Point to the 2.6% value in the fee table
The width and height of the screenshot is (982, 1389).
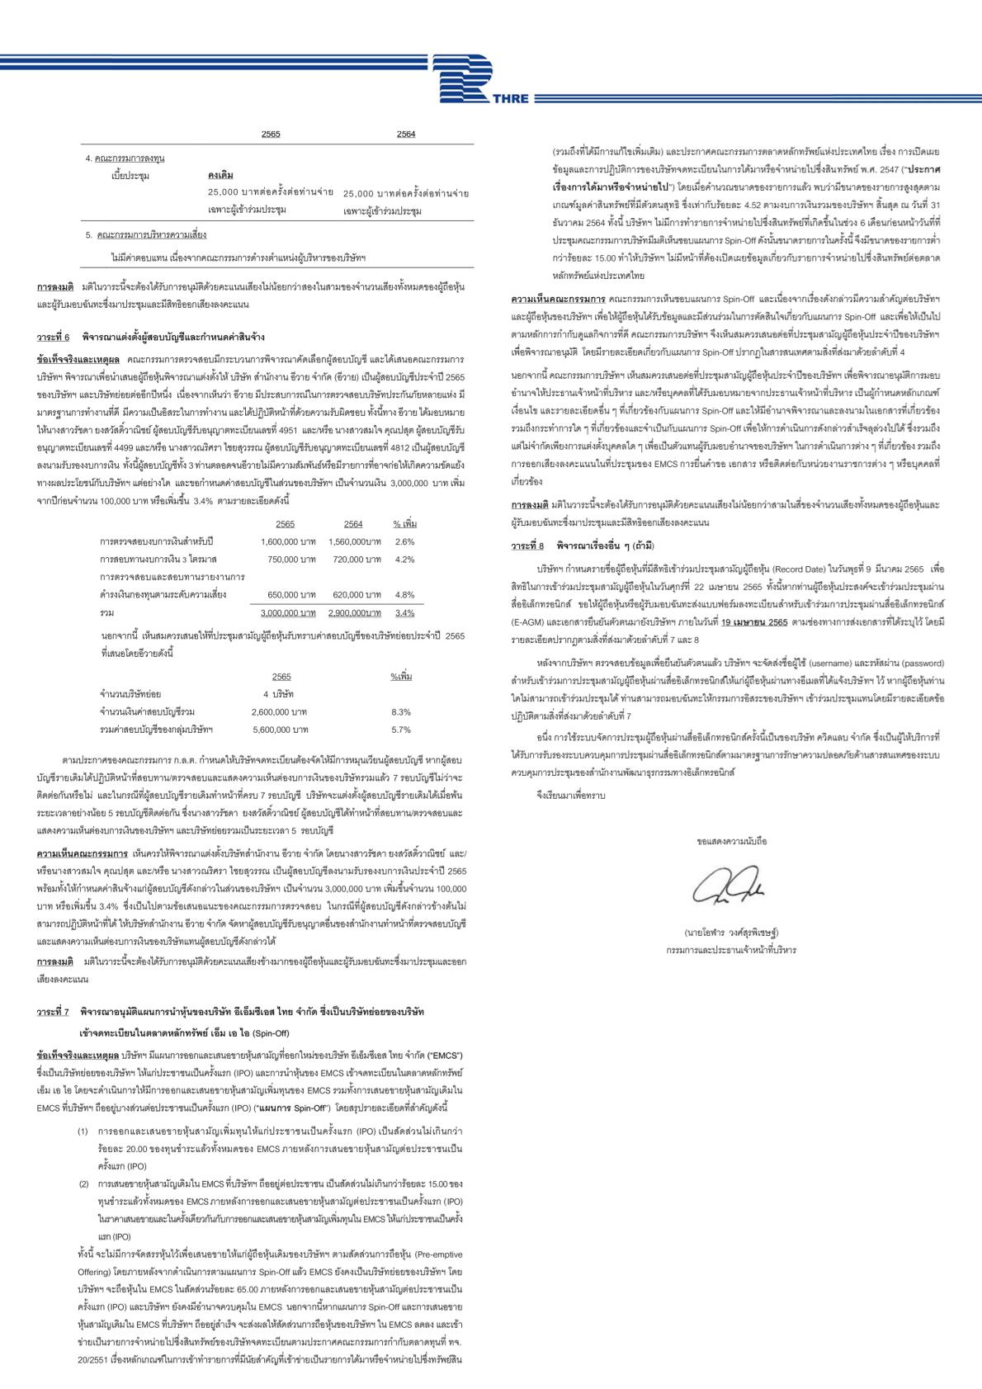pyautogui.click(x=404, y=541)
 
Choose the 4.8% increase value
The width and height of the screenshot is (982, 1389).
pyautogui.click(x=404, y=594)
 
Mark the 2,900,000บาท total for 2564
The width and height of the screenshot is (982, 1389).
pyautogui.click(x=354, y=613)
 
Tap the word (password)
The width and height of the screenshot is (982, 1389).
pyautogui.click(x=918, y=664)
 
